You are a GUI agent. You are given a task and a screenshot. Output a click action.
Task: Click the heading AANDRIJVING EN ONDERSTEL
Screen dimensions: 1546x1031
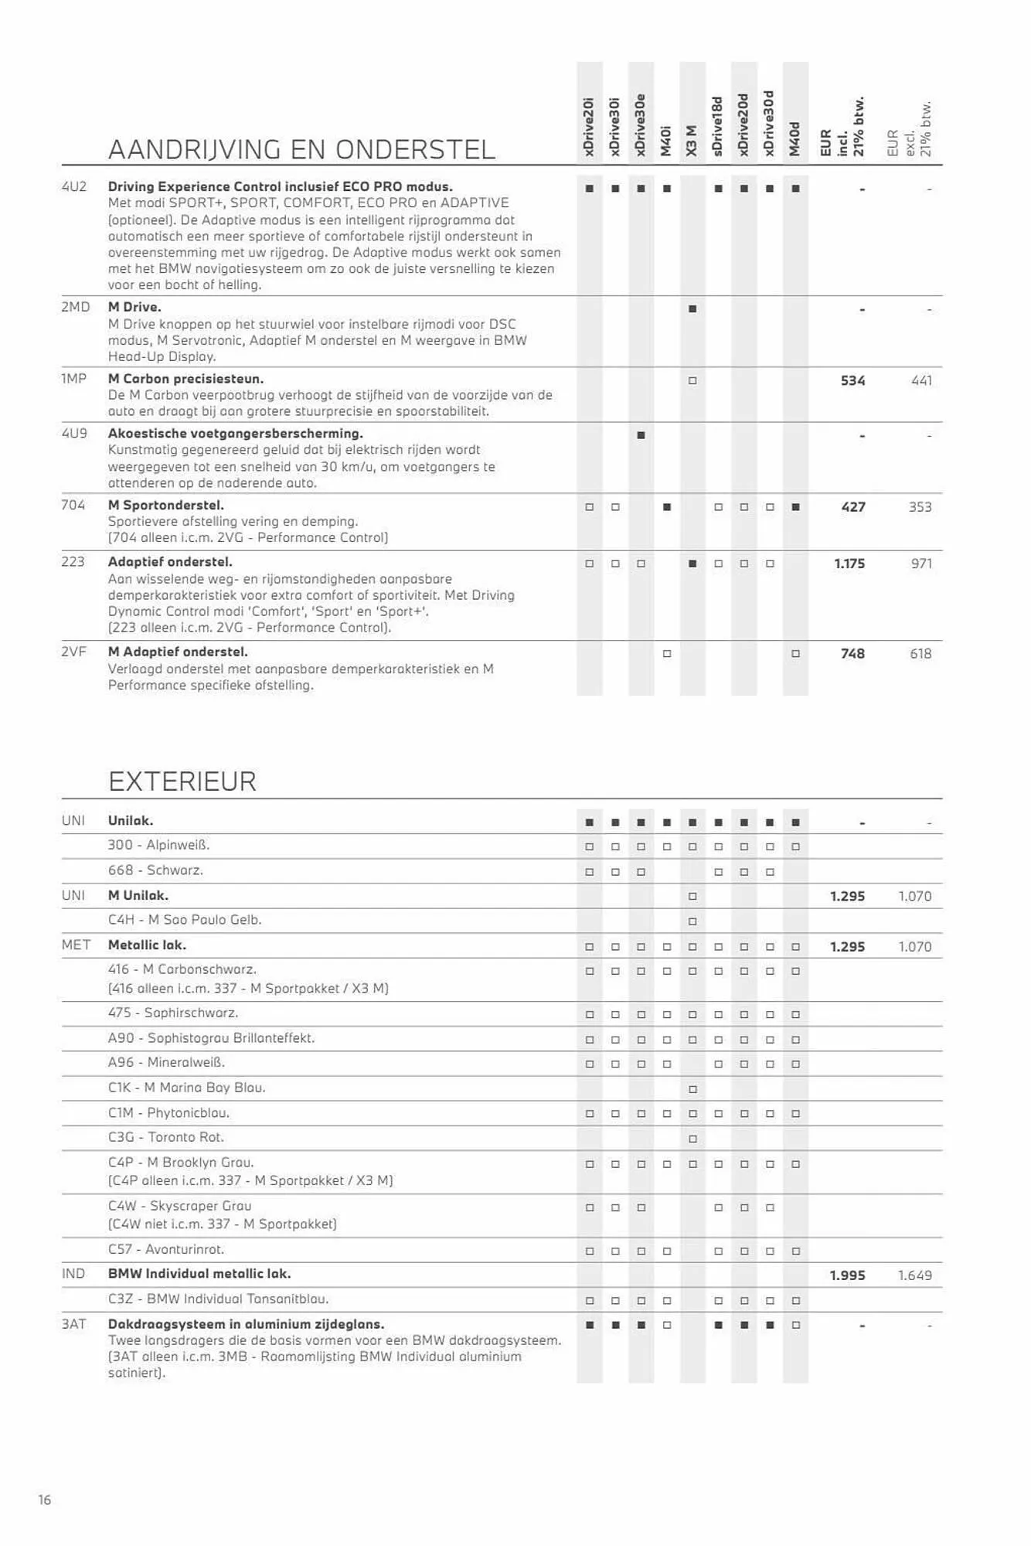tap(301, 149)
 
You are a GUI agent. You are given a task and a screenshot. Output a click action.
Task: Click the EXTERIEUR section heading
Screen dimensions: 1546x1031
tap(182, 782)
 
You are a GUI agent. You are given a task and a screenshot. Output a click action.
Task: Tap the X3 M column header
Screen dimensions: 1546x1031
tap(692, 141)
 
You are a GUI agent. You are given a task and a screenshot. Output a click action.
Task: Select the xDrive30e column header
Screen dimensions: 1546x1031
tap(641, 125)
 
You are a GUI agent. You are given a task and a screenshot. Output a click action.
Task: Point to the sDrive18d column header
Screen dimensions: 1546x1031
tap(718, 127)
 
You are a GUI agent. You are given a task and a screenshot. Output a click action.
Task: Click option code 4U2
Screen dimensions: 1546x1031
tap(74, 186)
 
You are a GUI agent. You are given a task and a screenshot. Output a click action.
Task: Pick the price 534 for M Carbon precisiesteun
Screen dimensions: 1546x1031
tap(852, 380)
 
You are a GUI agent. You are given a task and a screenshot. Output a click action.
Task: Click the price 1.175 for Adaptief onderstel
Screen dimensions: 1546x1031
tap(849, 564)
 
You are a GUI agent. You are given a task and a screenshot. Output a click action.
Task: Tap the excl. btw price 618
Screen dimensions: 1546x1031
tap(920, 654)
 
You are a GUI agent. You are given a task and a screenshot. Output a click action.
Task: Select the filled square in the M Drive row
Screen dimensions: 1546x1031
tap(692, 309)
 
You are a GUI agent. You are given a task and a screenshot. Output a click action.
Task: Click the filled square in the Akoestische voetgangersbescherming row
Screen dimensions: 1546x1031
tap(641, 435)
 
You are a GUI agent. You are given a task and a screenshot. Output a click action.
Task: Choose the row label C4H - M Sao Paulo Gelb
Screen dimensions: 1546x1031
tap(185, 920)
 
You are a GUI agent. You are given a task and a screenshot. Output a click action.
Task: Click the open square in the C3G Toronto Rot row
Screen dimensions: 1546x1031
tap(692, 1139)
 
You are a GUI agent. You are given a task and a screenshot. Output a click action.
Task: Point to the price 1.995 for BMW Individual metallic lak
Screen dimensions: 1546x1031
tap(847, 1275)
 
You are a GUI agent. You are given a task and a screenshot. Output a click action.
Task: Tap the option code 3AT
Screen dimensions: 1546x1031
tap(74, 1324)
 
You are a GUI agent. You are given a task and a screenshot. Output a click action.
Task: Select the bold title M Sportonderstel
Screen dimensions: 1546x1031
tap(165, 506)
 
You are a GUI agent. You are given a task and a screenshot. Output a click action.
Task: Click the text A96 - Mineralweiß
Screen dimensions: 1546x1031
tap(166, 1063)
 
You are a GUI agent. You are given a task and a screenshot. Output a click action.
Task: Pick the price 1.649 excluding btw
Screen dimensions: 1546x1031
tap(914, 1275)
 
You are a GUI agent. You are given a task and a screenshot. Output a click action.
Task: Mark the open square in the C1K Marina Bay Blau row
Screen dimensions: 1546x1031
tap(692, 1089)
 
